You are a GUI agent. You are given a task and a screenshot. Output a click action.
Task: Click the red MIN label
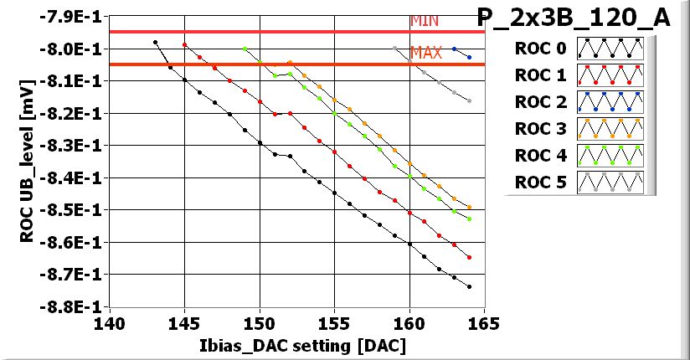pos(424,22)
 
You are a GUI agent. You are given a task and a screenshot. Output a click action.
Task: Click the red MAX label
pos(426,53)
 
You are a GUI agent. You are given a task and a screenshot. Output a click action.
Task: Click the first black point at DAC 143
pos(155,42)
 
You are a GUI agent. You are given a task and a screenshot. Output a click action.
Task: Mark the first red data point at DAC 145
pos(185,45)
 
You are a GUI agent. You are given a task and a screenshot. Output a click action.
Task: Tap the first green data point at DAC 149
pos(245,49)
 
